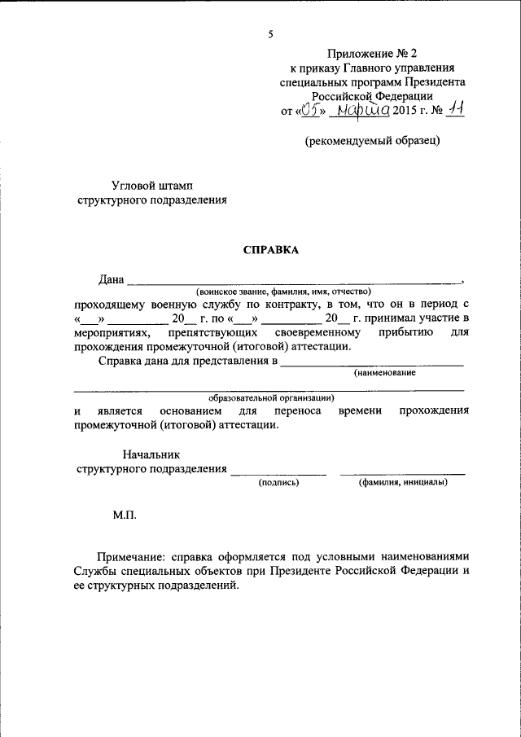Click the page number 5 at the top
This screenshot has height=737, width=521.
(270, 33)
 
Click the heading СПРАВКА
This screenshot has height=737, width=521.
(271, 250)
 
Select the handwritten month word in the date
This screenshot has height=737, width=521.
(363, 110)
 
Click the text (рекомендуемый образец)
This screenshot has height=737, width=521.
(373, 141)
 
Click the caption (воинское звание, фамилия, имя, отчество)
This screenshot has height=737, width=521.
(283, 291)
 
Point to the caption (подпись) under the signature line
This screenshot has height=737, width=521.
(279, 483)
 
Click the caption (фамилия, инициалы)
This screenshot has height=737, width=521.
(403, 483)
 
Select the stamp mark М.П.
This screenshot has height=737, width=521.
(125, 515)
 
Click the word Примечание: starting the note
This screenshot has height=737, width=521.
(129, 555)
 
